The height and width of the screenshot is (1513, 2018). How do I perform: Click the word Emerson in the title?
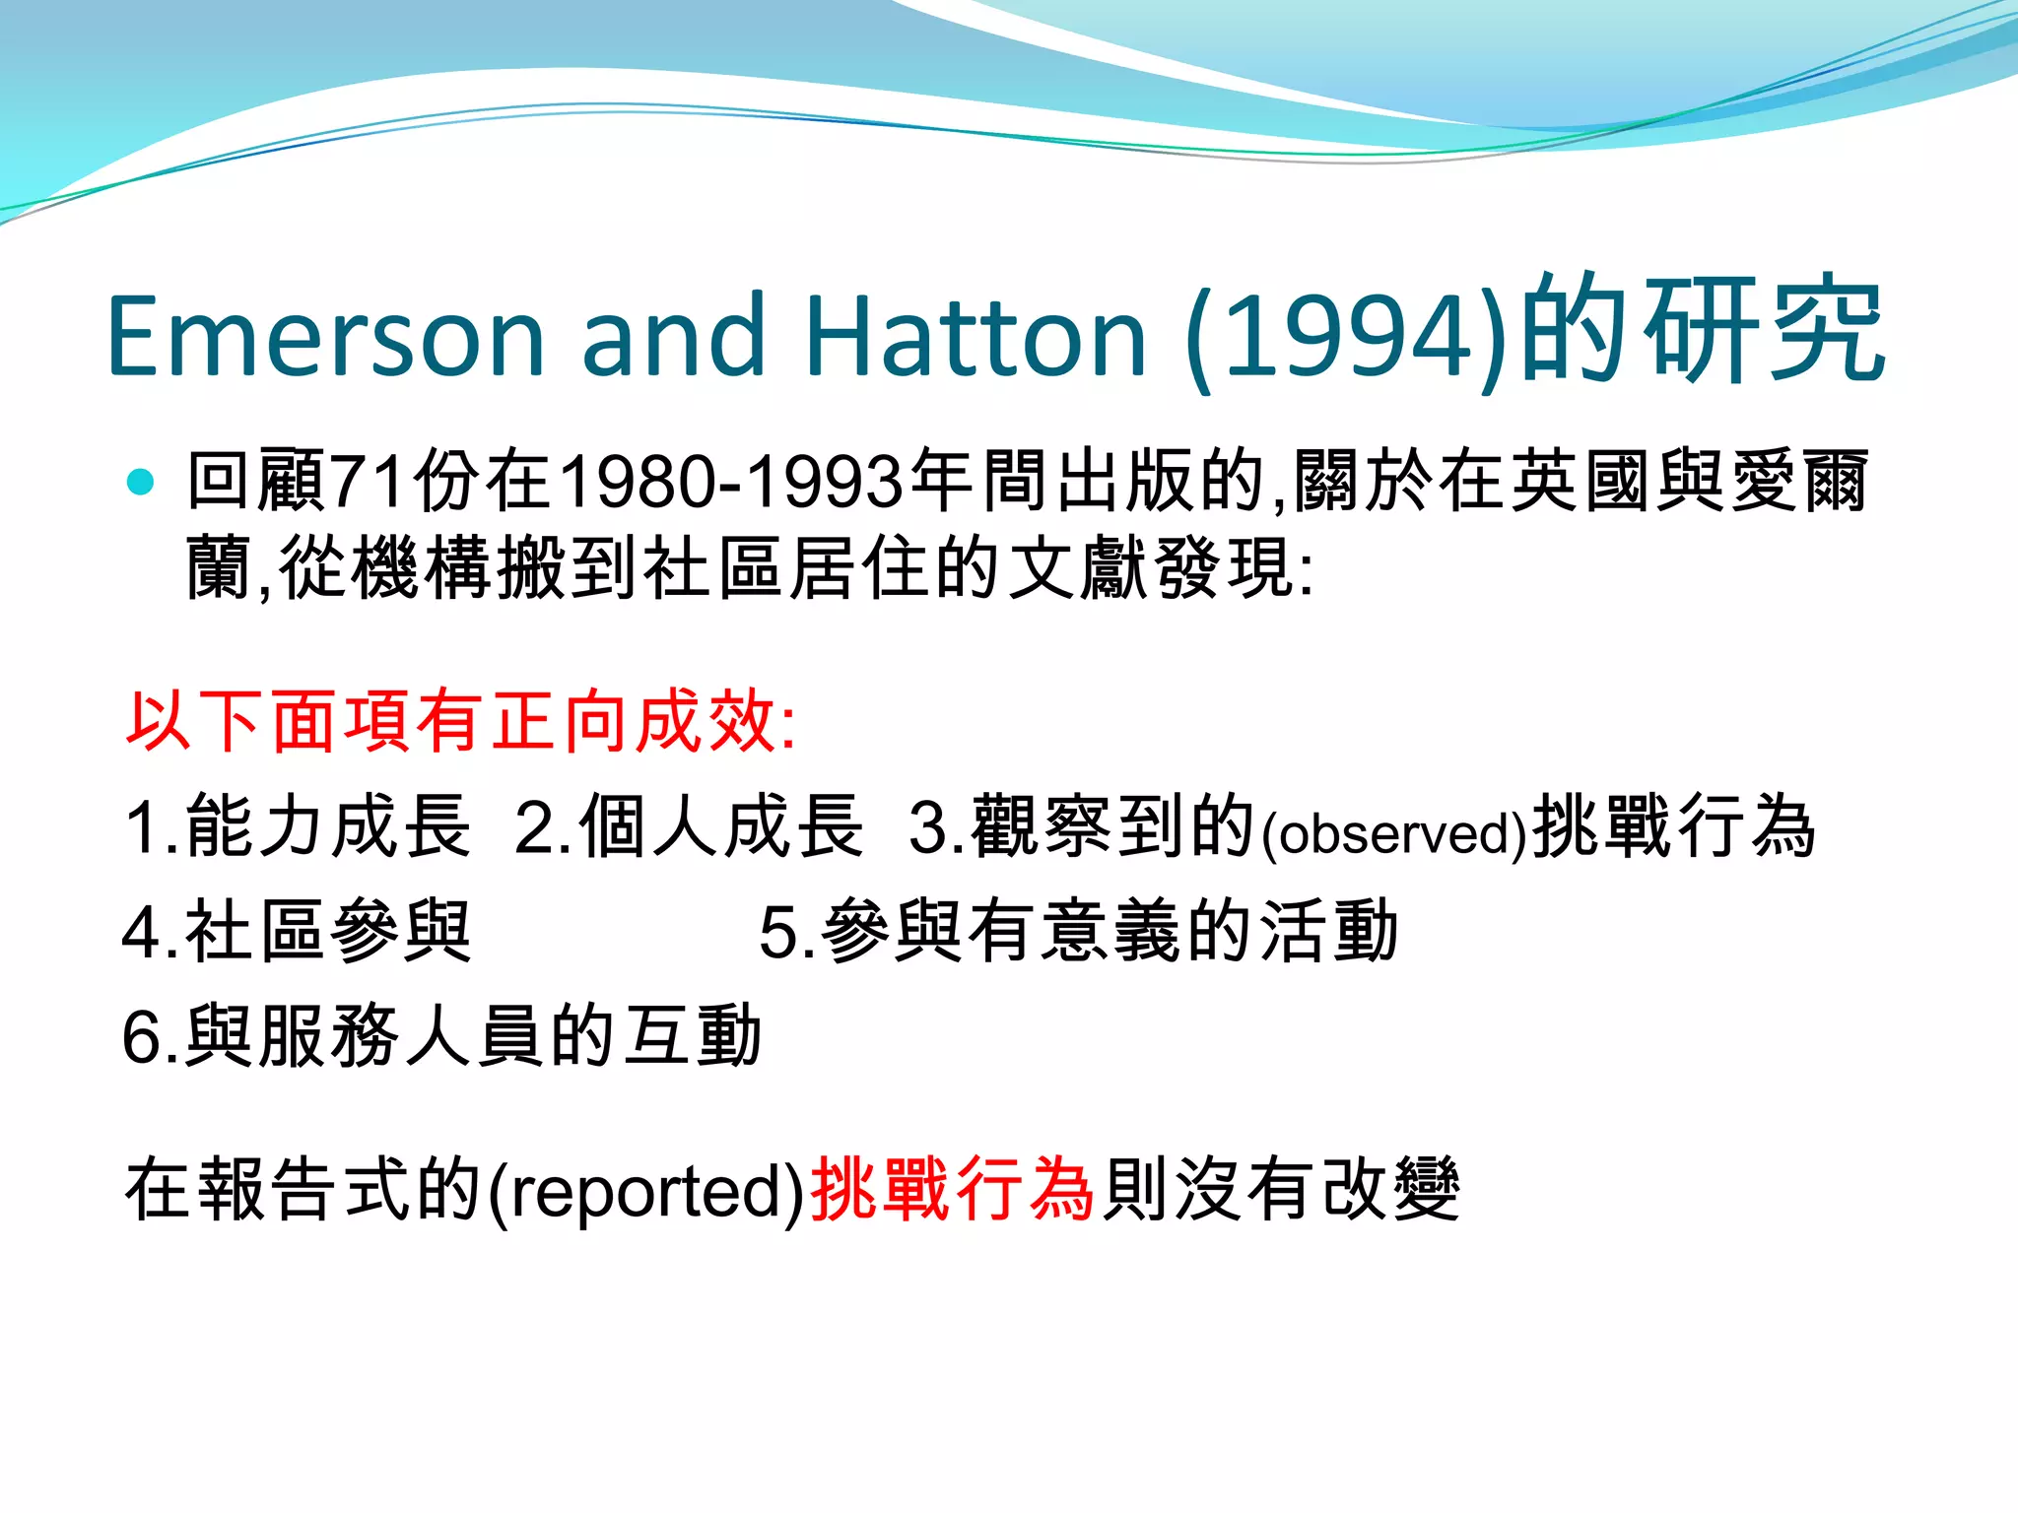tap(325, 337)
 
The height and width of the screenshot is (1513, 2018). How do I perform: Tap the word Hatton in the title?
tap(975, 337)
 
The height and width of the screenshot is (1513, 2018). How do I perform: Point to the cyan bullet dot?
tap(141, 482)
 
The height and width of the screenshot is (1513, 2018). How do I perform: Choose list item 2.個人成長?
tap(689, 826)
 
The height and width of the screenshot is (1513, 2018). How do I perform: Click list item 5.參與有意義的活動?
tap(1078, 932)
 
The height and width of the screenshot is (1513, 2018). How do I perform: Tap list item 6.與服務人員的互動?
tap(441, 1036)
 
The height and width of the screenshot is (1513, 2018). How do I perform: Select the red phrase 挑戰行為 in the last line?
tap(952, 1190)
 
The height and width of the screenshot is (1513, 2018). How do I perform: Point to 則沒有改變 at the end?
tap(1281, 1190)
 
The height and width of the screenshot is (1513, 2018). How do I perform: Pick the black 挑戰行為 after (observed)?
tap(1673, 826)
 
